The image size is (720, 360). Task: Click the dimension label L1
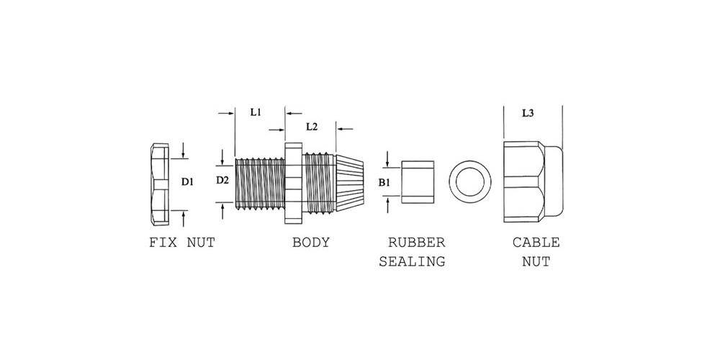click(x=255, y=112)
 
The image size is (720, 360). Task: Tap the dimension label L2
click(x=311, y=127)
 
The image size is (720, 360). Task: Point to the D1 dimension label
click(x=187, y=182)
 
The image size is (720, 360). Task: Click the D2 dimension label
click(x=222, y=180)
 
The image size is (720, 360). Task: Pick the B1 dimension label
click(x=384, y=183)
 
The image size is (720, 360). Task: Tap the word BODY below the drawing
click(x=311, y=243)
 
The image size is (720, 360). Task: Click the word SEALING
click(x=412, y=261)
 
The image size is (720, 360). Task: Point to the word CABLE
click(x=536, y=243)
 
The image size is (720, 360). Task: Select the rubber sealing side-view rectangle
click(x=418, y=183)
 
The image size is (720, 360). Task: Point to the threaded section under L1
click(x=261, y=184)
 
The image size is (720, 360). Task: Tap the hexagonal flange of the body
click(x=293, y=183)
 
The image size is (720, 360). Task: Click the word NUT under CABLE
click(x=536, y=261)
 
